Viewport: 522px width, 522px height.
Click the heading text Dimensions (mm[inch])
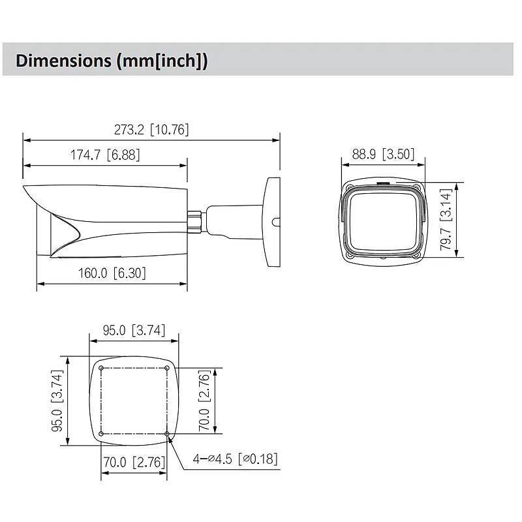click(112, 61)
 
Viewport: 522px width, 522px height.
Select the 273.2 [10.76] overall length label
click(151, 129)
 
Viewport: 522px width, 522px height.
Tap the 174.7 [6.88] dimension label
click(105, 155)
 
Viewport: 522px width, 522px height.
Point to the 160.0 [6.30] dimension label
click(112, 273)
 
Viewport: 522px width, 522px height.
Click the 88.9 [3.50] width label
click(383, 154)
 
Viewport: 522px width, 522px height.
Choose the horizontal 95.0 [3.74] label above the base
click(134, 330)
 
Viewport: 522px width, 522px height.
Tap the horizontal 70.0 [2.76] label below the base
click(133, 463)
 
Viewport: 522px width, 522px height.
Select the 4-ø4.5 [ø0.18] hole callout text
click(235, 459)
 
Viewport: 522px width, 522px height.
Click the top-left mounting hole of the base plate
click(101, 369)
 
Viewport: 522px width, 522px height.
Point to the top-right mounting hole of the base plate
click(167, 369)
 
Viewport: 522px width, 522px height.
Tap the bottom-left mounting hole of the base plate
click(101, 434)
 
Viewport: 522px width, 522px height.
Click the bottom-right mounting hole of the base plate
click(167, 434)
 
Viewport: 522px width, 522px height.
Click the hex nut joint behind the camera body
click(194, 219)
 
